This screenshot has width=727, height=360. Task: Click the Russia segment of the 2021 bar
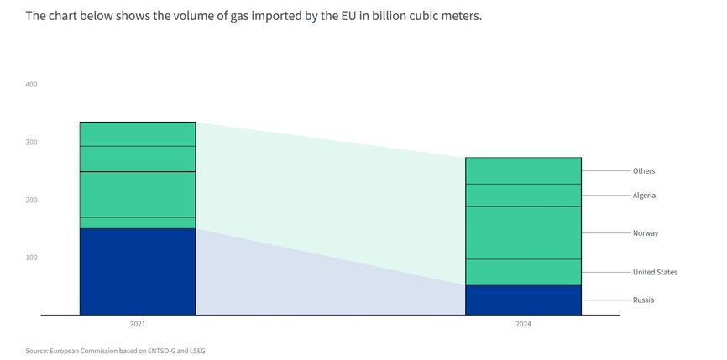coord(138,271)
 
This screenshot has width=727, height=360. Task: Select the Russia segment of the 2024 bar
coord(523,300)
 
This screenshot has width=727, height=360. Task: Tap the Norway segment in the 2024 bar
coord(523,232)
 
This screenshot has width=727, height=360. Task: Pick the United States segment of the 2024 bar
coord(523,272)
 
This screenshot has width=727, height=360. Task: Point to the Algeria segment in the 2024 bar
coord(523,196)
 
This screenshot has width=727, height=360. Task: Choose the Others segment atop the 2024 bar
coord(523,170)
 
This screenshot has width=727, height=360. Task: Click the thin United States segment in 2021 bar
coord(138,222)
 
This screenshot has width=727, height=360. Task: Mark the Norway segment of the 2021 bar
coord(138,195)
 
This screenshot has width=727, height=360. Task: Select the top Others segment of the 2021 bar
coord(138,134)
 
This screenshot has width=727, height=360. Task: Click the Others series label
coord(644,171)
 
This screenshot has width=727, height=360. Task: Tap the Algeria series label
coord(644,196)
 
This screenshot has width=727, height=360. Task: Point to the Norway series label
coord(645,232)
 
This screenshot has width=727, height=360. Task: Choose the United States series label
coord(655,272)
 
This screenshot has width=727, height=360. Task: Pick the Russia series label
coord(643,300)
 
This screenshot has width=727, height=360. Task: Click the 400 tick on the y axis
coord(32,85)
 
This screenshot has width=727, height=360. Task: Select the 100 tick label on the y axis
coord(32,258)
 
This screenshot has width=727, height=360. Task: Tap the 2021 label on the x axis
coord(138,324)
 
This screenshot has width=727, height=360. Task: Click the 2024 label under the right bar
coord(523,324)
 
